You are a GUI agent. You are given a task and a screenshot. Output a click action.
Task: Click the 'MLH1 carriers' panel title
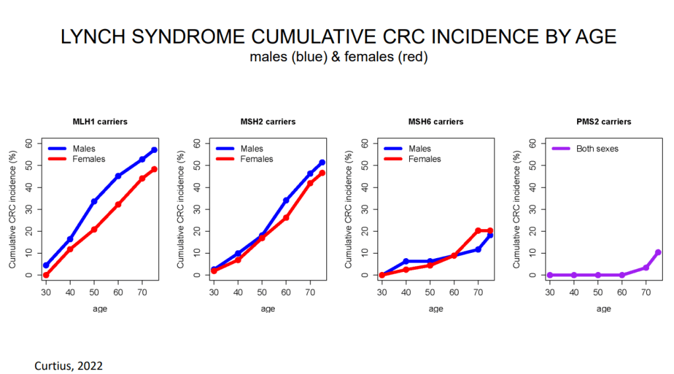[x=100, y=122]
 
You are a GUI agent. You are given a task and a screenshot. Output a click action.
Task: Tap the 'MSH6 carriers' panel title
[x=435, y=122]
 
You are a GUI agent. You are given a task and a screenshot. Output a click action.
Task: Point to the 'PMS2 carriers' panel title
[x=604, y=122]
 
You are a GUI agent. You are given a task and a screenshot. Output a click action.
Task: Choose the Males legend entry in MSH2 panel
[x=251, y=149]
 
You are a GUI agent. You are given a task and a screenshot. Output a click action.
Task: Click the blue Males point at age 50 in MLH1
[x=94, y=201]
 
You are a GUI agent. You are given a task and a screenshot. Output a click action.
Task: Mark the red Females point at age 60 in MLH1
[x=118, y=204]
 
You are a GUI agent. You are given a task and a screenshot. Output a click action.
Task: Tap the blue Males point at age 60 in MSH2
[x=286, y=200]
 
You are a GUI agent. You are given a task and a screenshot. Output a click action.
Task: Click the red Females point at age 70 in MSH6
[x=478, y=230]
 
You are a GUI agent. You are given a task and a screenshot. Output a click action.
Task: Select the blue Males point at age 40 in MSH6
[x=406, y=261]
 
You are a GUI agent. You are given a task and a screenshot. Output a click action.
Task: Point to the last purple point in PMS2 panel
[x=658, y=252]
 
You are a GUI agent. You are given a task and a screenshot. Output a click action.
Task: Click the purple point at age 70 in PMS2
[x=646, y=267]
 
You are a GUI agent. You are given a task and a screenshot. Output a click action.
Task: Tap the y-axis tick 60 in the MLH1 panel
[x=28, y=143]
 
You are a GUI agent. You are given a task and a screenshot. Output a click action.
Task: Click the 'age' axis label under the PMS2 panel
[x=604, y=309]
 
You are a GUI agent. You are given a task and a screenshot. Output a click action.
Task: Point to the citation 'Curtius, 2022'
[x=69, y=364]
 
